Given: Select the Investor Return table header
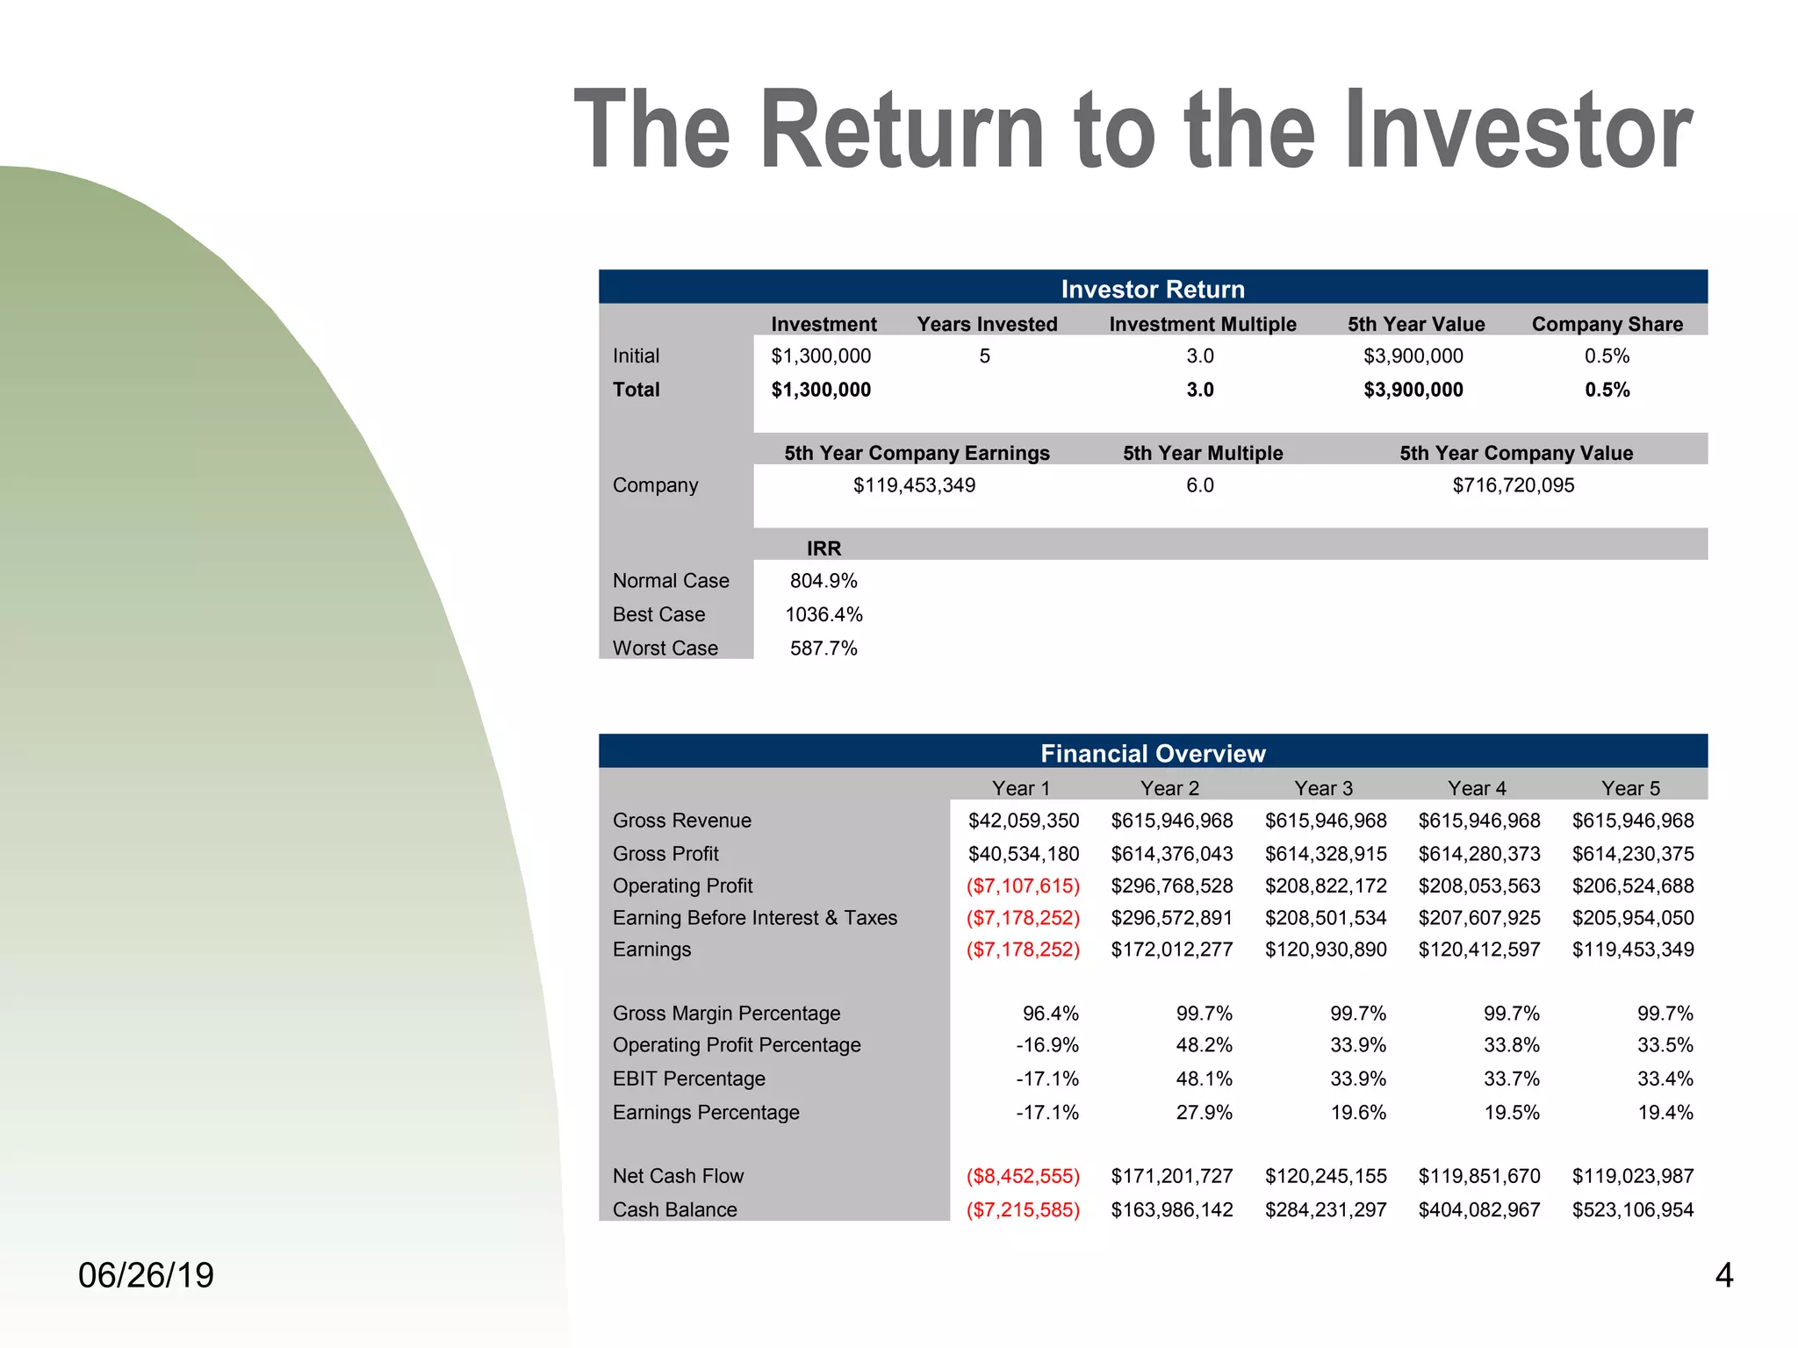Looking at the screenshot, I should coord(1152,289).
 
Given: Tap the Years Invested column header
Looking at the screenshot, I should coord(987,324).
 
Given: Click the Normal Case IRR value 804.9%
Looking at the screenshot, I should coord(823,581).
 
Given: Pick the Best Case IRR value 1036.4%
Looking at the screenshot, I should coord(823,614).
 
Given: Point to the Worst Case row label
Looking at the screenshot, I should coord(665,648).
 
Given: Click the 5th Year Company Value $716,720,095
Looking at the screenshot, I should coord(1513,485).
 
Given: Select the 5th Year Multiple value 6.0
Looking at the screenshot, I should coord(1199,485).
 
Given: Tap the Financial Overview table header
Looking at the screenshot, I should coord(1152,753).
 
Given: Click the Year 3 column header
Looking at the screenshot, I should coord(1323,788).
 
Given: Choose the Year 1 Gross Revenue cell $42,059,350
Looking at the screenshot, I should coord(1023,821).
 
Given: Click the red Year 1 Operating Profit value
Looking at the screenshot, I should coord(1023,886).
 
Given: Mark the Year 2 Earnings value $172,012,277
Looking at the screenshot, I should coord(1171,950).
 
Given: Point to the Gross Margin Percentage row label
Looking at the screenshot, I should coord(726,1014).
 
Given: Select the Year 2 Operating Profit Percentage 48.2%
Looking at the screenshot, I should coord(1204,1045).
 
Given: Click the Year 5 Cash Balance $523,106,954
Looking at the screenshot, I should coord(1632,1209).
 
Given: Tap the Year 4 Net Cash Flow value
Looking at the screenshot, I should coord(1478,1176).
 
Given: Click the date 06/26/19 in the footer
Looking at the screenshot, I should coord(146,1275).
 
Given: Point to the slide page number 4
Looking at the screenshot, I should coord(1723,1275).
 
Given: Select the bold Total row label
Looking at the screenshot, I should coord(636,390).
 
